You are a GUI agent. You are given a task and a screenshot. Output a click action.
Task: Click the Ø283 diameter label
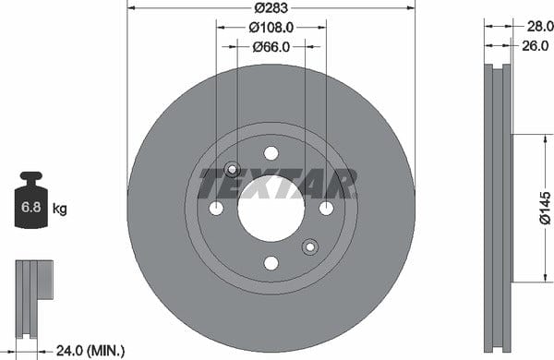(x=271, y=7)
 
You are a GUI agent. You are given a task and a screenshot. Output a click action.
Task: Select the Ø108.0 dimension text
(x=271, y=27)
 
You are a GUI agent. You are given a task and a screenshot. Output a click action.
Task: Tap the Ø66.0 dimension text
(x=271, y=47)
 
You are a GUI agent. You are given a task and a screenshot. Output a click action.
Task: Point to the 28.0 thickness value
(x=540, y=26)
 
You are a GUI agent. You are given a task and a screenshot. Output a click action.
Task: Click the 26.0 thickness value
(x=536, y=45)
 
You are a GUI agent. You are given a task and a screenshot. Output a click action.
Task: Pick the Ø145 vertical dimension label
(x=545, y=208)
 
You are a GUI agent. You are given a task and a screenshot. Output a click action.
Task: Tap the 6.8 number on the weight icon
(x=31, y=207)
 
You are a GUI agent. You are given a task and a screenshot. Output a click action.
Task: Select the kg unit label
(x=60, y=209)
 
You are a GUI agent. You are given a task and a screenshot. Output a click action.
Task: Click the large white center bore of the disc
(x=271, y=209)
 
